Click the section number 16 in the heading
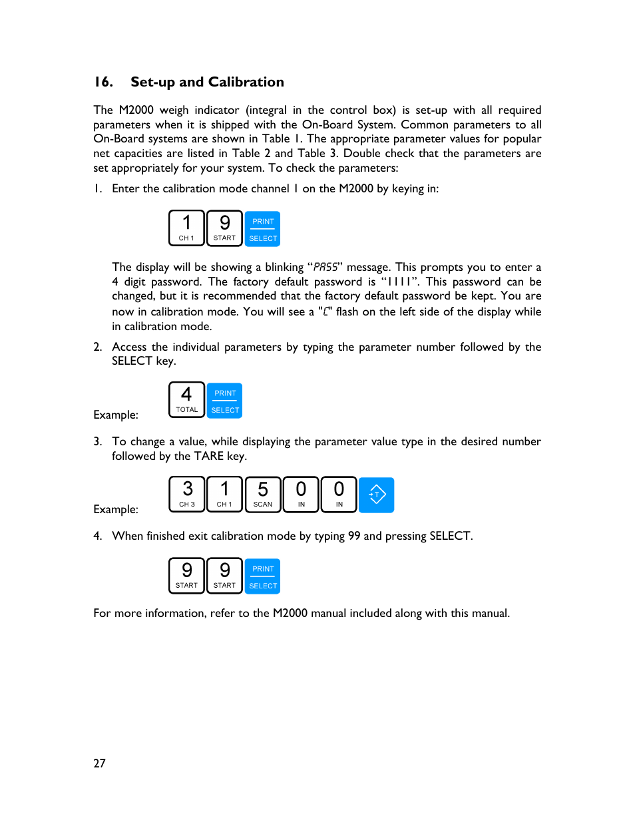pos(103,82)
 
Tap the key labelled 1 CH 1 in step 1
pos(186,228)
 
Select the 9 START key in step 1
pos(224,228)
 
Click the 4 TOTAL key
pos(186,400)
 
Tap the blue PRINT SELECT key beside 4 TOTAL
pos(225,401)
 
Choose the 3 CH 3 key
pos(187,495)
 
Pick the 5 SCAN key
pos(263,495)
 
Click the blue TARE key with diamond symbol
pos(377,495)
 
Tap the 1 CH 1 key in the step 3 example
pos(224,495)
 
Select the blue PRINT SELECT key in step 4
pos(263,576)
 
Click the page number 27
pos(99,763)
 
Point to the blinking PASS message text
pos(325,267)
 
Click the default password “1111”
pos(400,282)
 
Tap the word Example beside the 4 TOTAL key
pos(116,415)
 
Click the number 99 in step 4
pos(354,536)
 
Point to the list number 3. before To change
pos(98,441)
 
